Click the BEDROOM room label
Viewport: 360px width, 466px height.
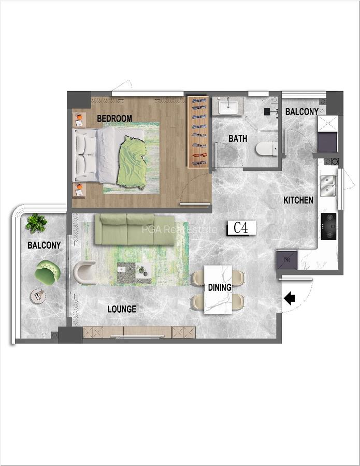(x=114, y=119)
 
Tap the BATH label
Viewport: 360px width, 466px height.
(x=238, y=139)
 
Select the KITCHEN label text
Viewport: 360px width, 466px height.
(x=298, y=200)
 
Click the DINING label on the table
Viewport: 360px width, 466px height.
(x=218, y=287)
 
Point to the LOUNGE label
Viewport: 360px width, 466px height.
(x=122, y=309)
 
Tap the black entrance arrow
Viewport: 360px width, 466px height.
(x=289, y=298)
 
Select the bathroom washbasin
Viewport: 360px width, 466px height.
(x=227, y=107)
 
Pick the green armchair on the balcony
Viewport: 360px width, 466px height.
(x=48, y=272)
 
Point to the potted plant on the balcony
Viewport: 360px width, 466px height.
(x=36, y=223)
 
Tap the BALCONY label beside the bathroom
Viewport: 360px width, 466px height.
(x=301, y=112)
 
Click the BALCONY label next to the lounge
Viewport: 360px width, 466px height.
(x=44, y=245)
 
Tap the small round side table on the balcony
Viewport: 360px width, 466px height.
(x=38, y=296)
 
